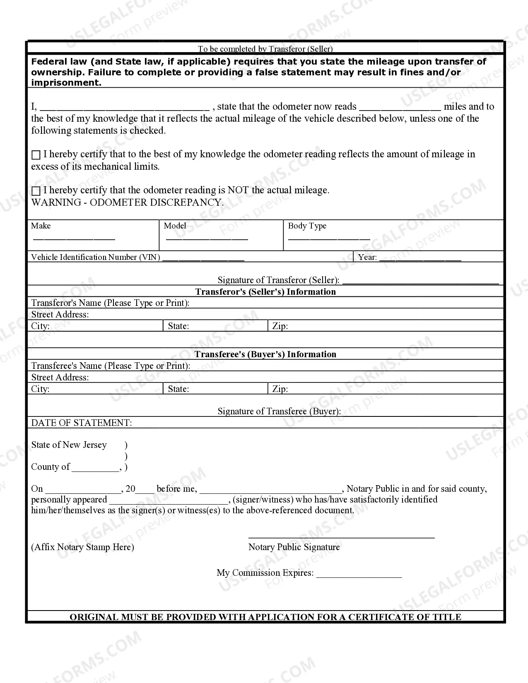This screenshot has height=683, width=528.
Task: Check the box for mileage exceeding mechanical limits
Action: [36, 155]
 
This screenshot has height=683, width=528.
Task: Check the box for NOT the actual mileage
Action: [36, 191]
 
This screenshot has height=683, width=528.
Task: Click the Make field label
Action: [41, 226]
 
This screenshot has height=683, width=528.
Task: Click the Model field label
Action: [175, 226]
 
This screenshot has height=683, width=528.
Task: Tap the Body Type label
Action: [307, 226]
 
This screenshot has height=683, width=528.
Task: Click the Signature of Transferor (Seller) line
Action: [420, 281]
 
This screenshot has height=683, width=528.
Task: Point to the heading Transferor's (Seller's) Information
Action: [265, 291]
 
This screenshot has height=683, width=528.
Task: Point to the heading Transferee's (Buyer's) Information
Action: [265, 354]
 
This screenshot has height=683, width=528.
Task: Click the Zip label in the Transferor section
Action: [280, 326]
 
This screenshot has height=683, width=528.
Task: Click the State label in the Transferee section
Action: [178, 389]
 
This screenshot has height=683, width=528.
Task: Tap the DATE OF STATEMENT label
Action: [82, 423]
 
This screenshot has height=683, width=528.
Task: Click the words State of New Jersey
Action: [69, 445]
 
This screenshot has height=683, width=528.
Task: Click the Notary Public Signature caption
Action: [294, 547]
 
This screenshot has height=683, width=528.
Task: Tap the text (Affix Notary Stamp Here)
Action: [82, 547]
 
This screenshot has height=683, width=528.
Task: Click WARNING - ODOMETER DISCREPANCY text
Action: [127, 202]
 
